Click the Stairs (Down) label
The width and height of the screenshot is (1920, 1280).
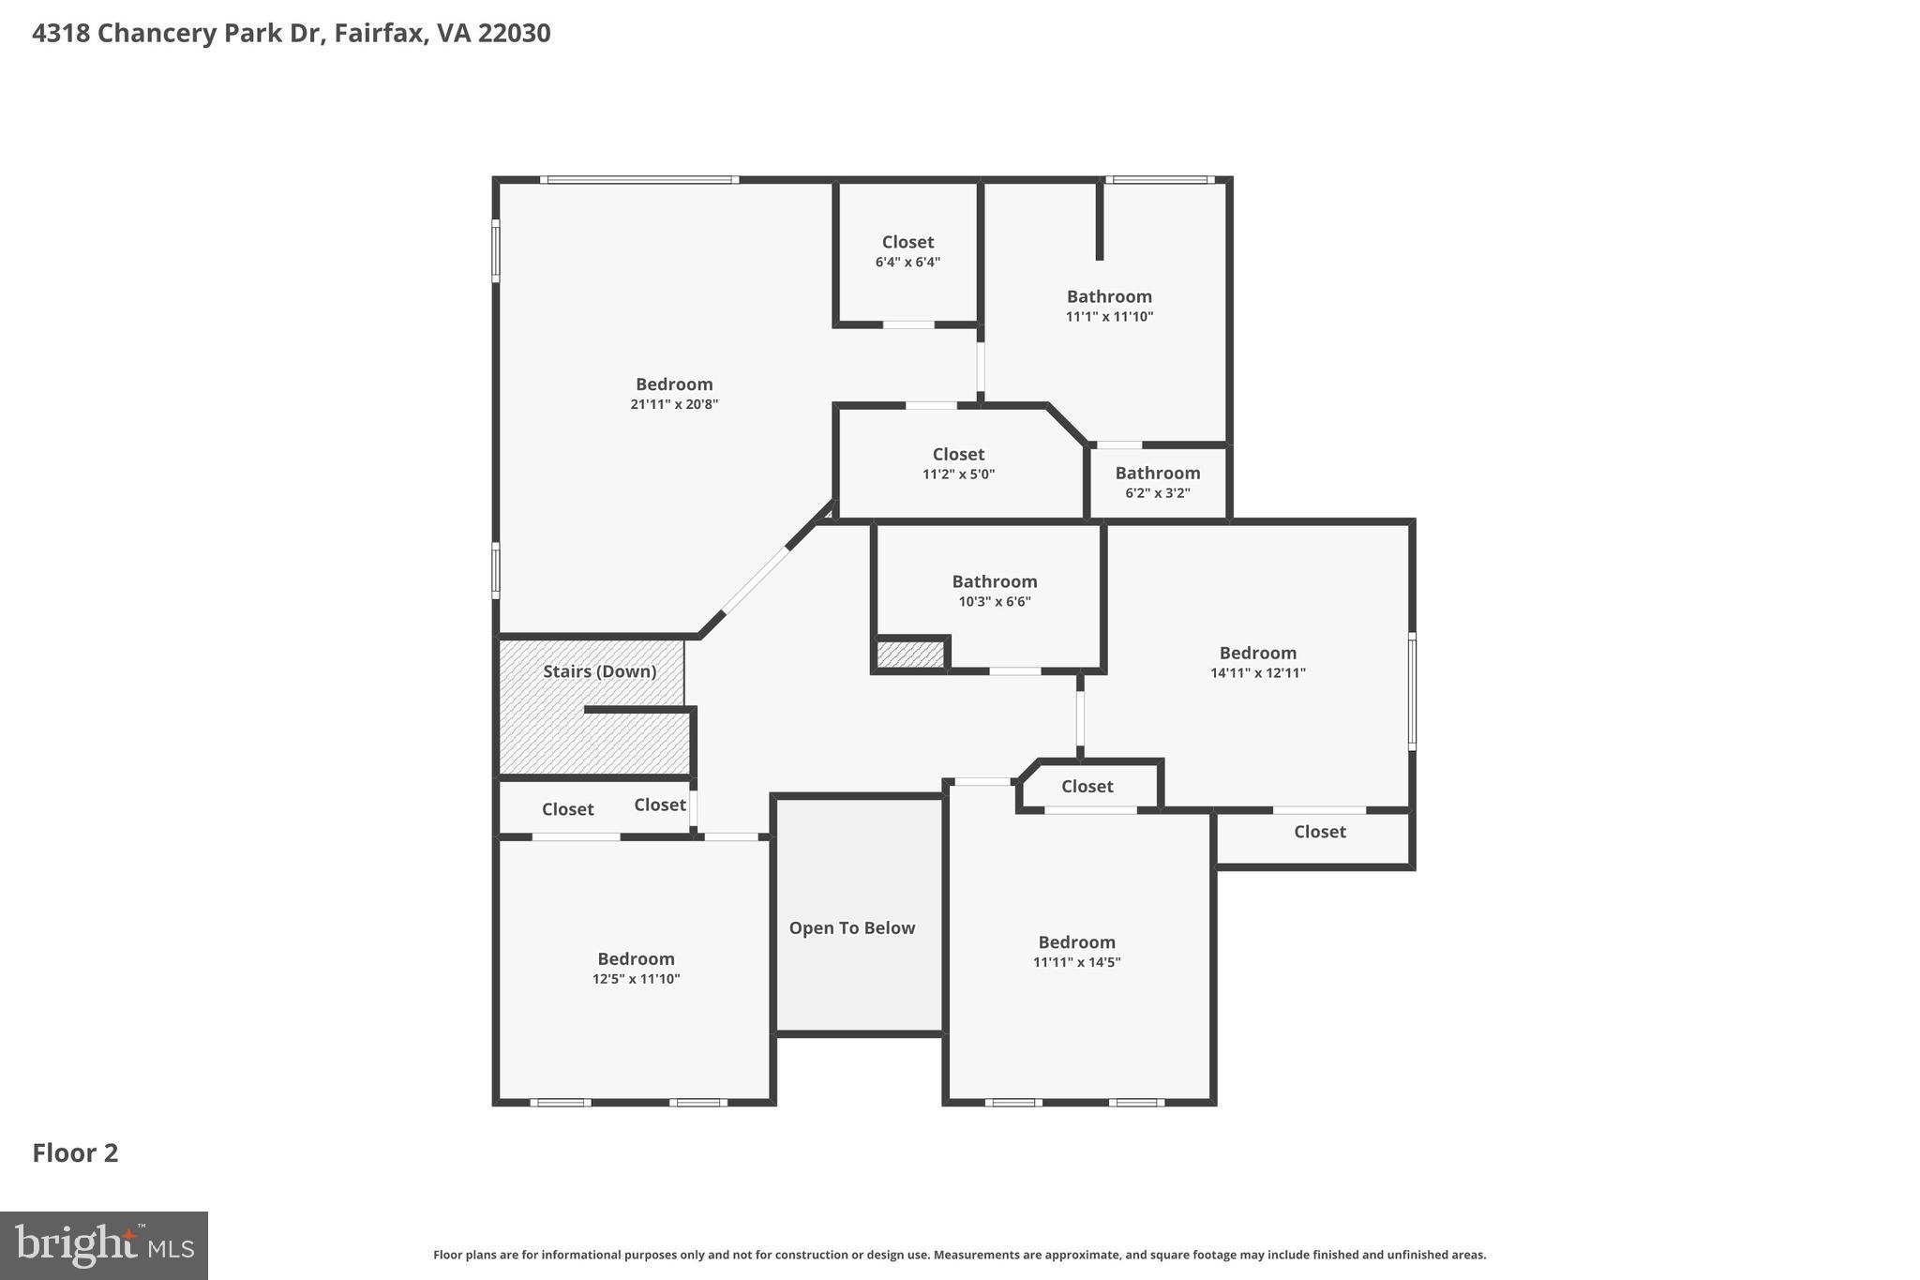(599, 671)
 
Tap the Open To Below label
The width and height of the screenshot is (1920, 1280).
(851, 927)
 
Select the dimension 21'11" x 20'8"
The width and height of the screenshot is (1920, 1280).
(674, 404)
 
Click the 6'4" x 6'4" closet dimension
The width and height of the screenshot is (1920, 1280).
(907, 263)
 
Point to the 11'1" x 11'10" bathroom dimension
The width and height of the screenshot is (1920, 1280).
(1109, 317)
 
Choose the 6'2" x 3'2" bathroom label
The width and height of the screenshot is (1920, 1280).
(1157, 474)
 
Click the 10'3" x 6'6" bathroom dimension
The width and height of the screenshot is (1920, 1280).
(994, 602)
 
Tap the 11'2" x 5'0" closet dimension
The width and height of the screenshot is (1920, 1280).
(958, 474)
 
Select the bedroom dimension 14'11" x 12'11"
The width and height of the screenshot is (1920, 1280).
(1257, 672)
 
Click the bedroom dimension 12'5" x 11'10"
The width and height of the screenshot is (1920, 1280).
(636, 979)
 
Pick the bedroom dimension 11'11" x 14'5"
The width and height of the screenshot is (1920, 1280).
(1076, 962)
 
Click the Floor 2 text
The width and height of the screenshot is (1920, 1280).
(75, 1152)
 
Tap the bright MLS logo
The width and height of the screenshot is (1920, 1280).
(104, 1245)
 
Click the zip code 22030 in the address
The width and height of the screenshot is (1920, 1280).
(514, 34)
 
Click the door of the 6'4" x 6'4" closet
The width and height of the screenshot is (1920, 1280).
(908, 324)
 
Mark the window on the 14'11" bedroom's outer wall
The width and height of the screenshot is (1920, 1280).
(1412, 692)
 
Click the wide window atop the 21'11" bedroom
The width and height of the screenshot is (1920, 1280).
(639, 180)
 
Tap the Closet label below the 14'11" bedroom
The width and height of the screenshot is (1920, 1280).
(1319, 832)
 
